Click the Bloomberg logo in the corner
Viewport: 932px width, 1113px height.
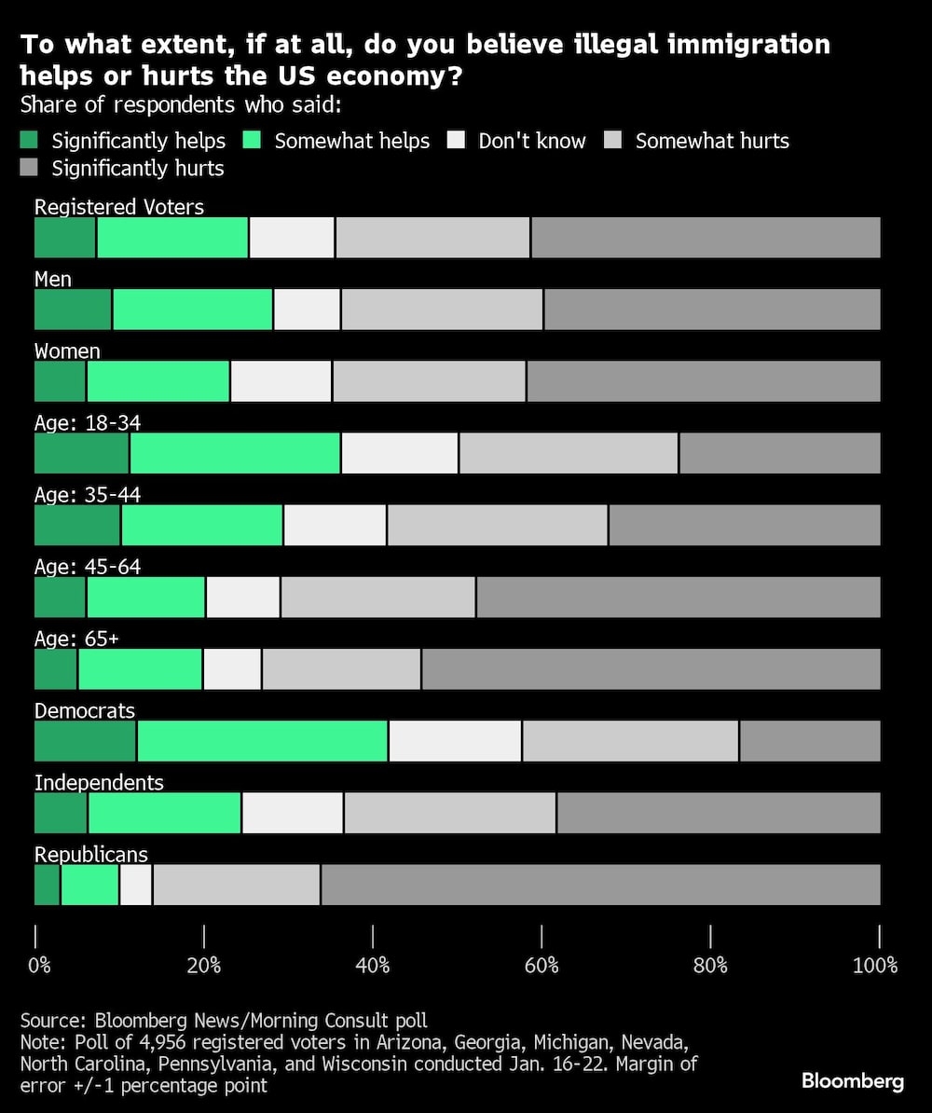(852, 1081)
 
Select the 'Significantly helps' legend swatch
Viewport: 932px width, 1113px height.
(29, 141)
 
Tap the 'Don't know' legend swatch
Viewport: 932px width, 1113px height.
(456, 141)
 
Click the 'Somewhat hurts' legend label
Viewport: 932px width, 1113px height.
(712, 141)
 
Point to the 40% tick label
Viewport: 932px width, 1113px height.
(373, 966)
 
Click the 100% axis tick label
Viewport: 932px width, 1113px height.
(875, 966)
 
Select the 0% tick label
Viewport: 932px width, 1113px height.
(39, 966)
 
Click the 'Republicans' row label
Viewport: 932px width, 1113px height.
(91, 855)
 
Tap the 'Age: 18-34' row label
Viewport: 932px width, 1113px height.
(88, 423)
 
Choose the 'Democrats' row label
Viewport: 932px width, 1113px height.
(85, 710)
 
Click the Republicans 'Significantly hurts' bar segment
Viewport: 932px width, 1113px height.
(600, 885)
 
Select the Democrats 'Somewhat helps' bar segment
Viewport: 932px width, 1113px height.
(262, 741)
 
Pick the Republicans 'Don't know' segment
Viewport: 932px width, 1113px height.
(136, 885)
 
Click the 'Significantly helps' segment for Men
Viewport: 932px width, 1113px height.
(73, 309)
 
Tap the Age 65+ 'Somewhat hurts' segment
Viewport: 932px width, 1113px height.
(341, 669)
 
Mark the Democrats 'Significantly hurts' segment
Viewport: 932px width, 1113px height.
(810, 741)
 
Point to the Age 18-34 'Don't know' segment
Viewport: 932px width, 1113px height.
(400, 453)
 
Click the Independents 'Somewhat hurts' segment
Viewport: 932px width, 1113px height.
(450, 813)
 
